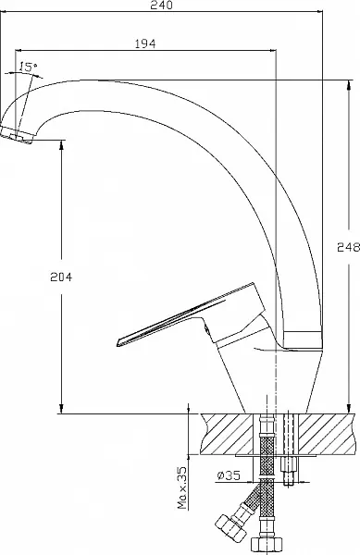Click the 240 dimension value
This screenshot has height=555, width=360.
click(161, 5)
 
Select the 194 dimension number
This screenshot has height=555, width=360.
click(145, 43)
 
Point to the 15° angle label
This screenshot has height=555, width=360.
click(28, 67)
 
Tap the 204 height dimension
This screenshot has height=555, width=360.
click(61, 277)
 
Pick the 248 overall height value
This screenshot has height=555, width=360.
click(348, 247)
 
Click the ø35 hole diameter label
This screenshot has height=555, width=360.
click(229, 475)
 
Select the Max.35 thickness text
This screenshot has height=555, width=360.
click(182, 487)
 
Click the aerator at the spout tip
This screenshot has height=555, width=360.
click(17, 135)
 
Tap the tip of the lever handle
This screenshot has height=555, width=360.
click(118, 342)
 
